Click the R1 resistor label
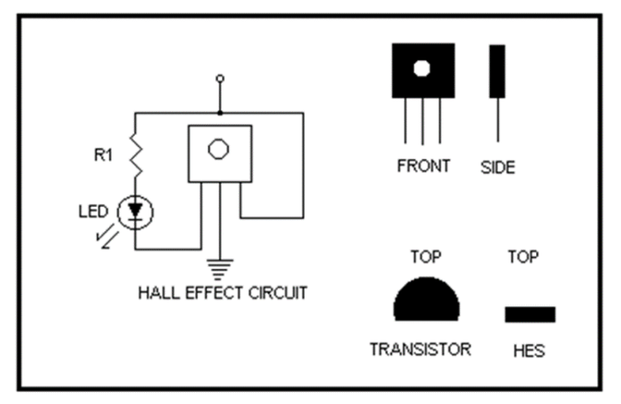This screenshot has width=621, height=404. [x=103, y=155]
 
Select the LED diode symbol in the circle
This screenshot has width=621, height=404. [x=135, y=212]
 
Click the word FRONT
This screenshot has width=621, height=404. [x=423, y=166]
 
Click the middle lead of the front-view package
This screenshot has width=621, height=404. [x=422, y=121]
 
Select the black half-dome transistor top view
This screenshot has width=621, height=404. [x=426, y=301]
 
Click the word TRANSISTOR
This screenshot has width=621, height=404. [x=420, y=350]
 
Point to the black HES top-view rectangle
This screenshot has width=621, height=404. [x=530, y=314]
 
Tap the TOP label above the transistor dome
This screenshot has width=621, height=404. [x=425, y=257]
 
